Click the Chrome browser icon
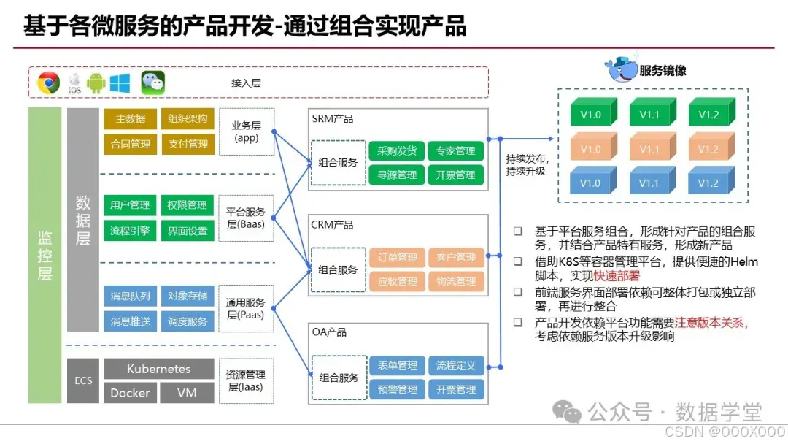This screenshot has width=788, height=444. [x=49, y=83]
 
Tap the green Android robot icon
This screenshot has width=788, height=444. [x=96, y=83]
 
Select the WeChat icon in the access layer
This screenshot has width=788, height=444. [x=152, y=83]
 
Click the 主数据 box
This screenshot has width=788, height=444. [x=130, y=119]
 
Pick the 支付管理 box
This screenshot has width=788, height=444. [x=188, y=144]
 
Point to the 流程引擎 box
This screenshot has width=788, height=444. [x=130, y=231]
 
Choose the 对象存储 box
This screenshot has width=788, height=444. [x=188, y=296]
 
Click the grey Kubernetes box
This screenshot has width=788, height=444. [x=158, y=369]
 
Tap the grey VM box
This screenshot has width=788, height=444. [x=187, y=393]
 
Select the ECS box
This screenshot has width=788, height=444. [x=83, y=380]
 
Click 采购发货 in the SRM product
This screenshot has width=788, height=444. [x=397, y=151]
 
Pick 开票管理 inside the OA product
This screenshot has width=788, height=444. [x=456, y=389]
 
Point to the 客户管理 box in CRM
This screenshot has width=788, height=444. [x=456, y=257]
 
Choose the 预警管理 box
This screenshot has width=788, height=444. [x=397, y=389]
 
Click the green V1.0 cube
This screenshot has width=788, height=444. [x=590, y=114]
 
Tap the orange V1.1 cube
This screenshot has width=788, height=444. [x=649, y=148]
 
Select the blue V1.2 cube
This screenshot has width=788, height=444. [x=708, y=183]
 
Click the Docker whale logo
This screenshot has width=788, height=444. [x=621, y=69]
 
